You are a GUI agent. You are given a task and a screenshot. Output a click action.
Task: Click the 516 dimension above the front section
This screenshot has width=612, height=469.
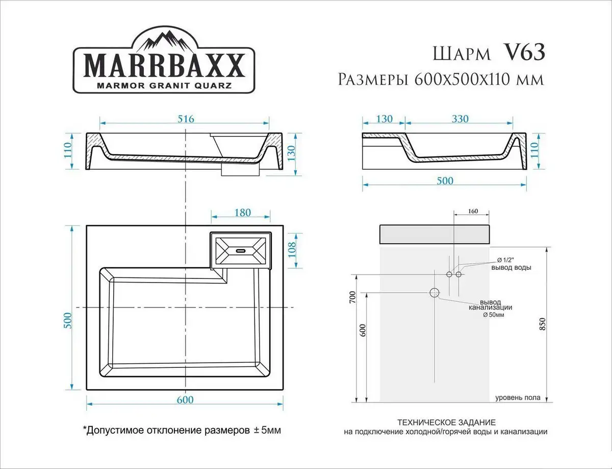click(x=185, y=119)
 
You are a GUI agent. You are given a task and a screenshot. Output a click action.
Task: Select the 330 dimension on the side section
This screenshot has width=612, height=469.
click(x=460, y=119)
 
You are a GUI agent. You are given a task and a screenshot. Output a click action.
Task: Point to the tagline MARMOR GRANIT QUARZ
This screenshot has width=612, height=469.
click(x=164, y=85)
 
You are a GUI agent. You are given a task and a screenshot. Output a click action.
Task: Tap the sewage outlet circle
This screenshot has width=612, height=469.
click(x=435, y=293)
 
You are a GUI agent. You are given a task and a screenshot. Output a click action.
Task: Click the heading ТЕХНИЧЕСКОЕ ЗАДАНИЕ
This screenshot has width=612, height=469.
click(x=446, y=423)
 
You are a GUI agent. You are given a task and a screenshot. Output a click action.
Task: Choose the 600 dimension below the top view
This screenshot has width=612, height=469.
click(x=185, y=400)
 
